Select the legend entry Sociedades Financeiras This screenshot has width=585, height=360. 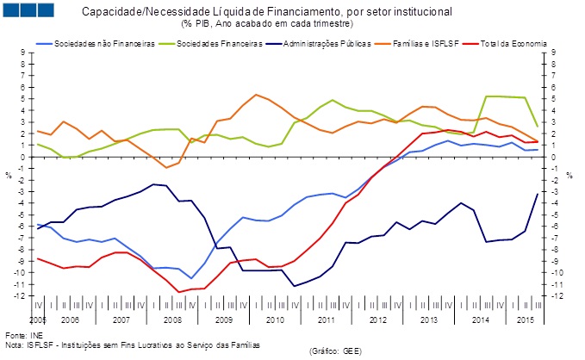tap(217, 43)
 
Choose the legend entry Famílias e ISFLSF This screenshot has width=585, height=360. tap(431, 43)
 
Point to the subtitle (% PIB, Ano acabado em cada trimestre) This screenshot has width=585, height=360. tap(268, 23)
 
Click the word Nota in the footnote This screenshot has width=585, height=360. tap(14, 344)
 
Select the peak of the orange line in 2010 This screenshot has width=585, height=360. tap(256, 95)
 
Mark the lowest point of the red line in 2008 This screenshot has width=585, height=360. tap(179, 292)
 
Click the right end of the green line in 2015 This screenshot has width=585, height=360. tap(538, 127)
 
